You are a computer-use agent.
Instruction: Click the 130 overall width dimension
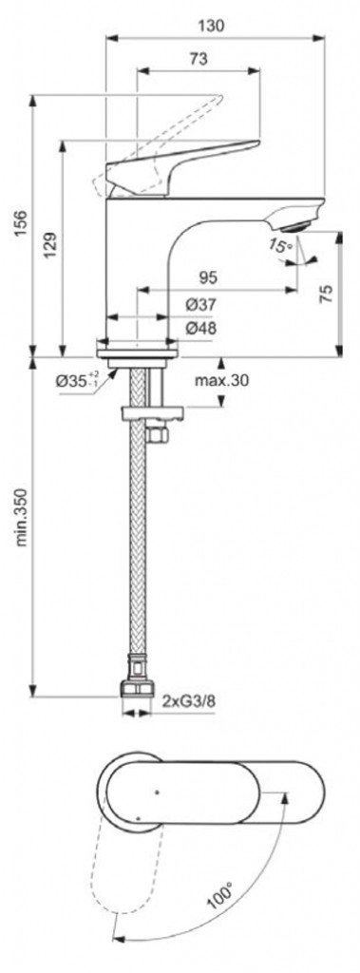tap(210, 25)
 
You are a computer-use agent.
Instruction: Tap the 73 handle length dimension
tap(198, 59)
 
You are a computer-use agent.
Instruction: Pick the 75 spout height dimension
tap(327, 294)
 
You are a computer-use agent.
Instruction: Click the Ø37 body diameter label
tap(200, 305)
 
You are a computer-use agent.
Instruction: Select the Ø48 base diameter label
tap(200, 328)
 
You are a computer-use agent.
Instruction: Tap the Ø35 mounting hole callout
tap(77, 380)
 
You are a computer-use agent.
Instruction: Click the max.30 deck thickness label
tap(221, 380)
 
